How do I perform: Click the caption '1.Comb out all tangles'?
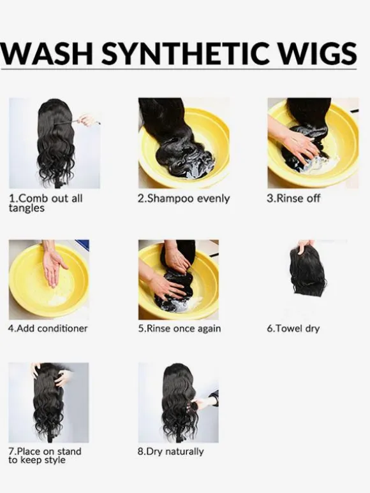(x=46, y=203)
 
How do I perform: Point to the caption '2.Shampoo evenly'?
(x=184, y=199)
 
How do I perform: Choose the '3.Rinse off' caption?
(x=293, y=198)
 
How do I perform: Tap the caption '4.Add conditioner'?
(x=48, y=328)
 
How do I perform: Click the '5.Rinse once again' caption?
(x=179, y=329)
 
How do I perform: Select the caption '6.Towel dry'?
(x=293, y=329)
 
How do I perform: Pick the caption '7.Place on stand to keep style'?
(x=45, y=455)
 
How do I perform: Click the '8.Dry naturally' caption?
(x=171, y=452)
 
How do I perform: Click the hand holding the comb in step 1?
(x=87, y=120)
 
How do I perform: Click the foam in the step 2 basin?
(x=195, y=170)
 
